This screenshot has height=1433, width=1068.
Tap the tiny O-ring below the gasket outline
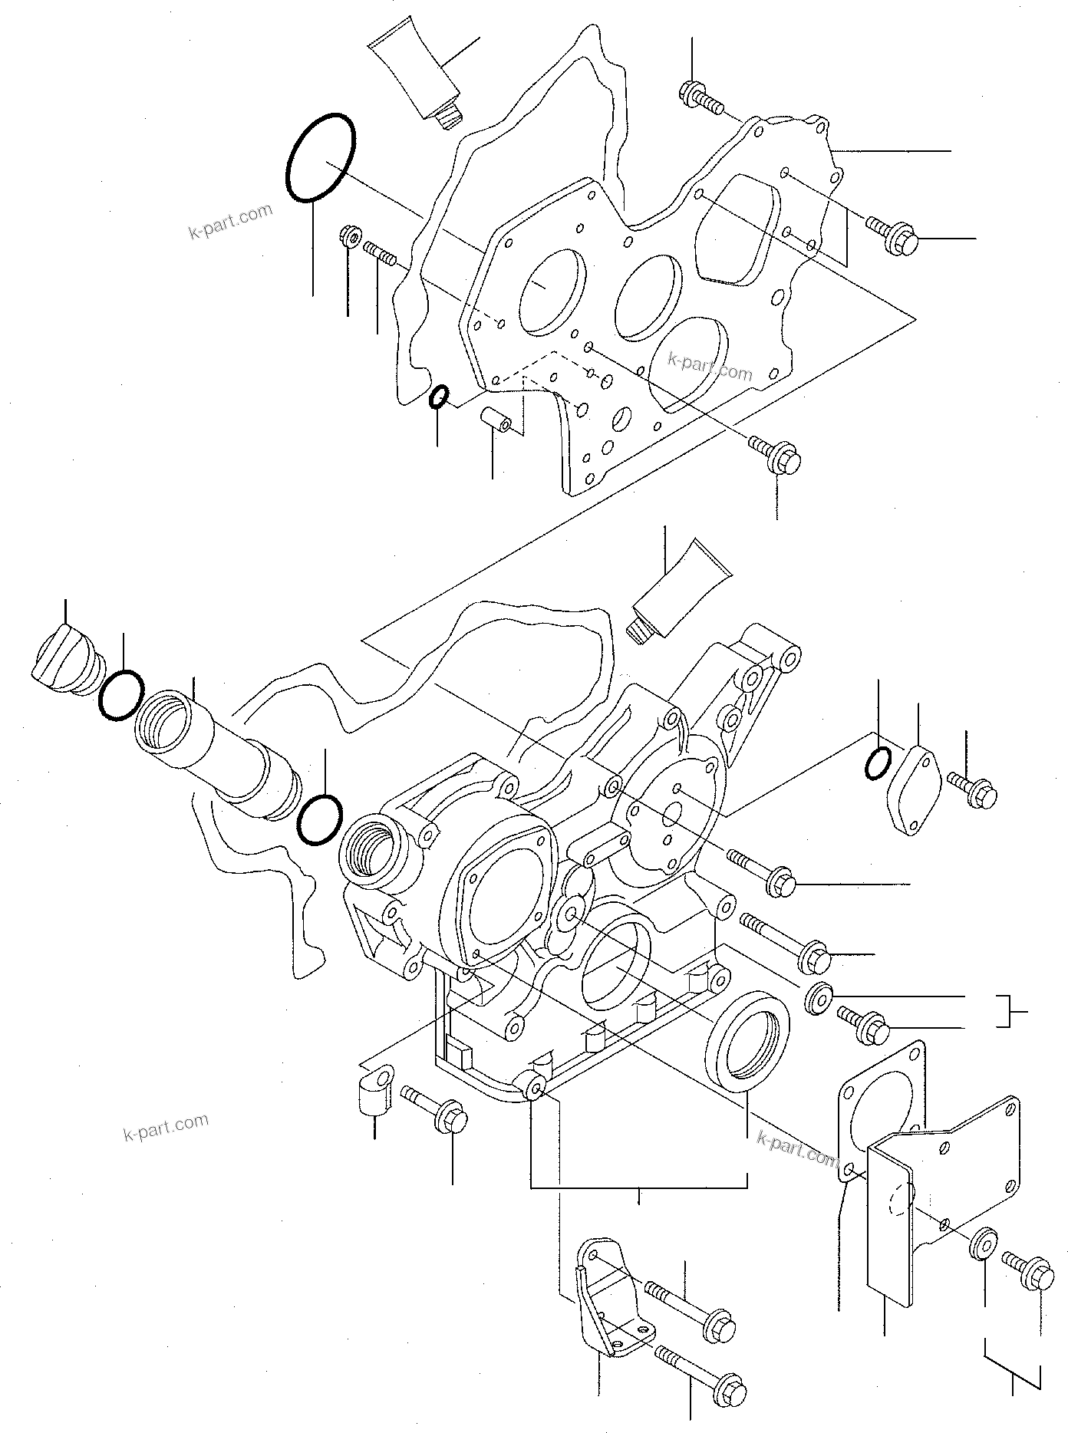point(438,397)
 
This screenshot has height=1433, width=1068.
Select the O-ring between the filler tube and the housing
point(318,819)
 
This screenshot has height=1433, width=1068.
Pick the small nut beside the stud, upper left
point(351,236)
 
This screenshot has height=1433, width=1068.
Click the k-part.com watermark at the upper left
point(230,220)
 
